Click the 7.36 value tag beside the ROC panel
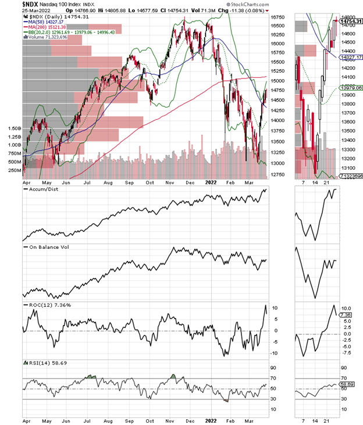(347, 315)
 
